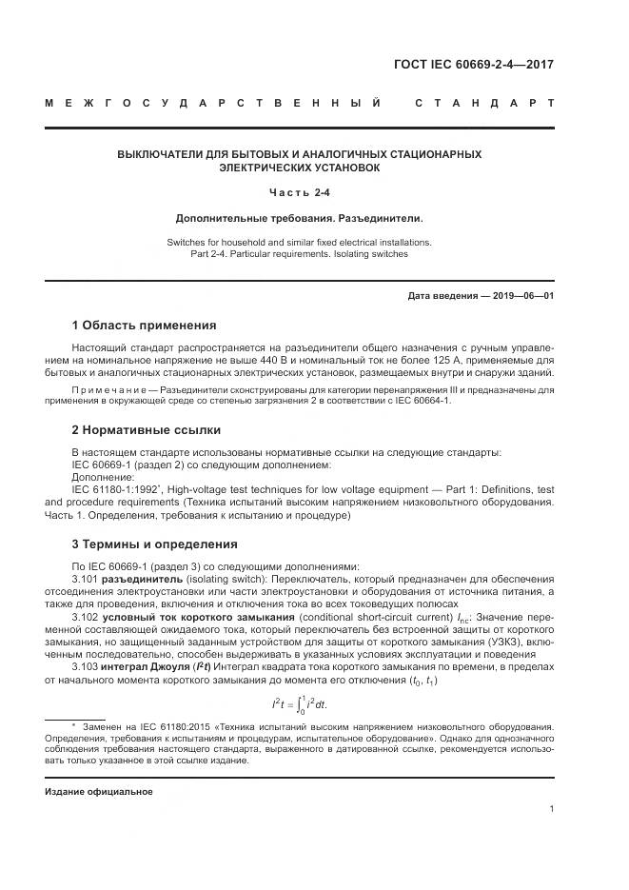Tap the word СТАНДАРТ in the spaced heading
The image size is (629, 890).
click(484, 102)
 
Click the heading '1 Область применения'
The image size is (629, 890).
click(145, 326)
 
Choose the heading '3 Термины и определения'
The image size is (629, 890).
click(155, 544)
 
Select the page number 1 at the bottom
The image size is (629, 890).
click(551, 809)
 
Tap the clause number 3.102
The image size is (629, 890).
click(87, 616)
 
